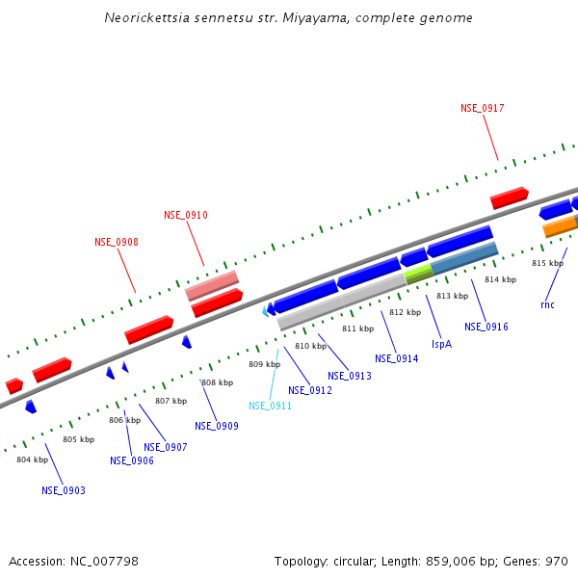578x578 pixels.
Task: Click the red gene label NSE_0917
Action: click(483, 109)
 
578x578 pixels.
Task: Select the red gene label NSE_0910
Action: click(186, 215)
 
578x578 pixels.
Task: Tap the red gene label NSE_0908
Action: click(117, 242)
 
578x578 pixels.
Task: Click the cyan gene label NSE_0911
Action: click(270, 406)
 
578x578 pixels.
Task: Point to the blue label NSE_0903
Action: click(64, 490)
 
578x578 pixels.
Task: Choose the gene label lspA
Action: click(441, 343)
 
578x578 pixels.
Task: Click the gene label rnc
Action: click(547, 305)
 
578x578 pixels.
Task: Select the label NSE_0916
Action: click(486, 327)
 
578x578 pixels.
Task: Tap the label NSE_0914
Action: click(397, 358)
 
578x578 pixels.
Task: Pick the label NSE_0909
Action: click(217, 426)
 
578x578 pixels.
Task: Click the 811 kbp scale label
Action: click(357, 328)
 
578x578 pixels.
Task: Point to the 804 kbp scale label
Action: click(32, 460)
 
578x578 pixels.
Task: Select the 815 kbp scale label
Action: click(547, 263)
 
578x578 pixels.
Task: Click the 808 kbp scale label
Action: click(217, 382)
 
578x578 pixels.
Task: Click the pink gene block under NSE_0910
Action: click(212, 285)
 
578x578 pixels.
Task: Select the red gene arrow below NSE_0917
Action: click(510, 198)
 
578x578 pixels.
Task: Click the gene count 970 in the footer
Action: click(556, 561)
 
